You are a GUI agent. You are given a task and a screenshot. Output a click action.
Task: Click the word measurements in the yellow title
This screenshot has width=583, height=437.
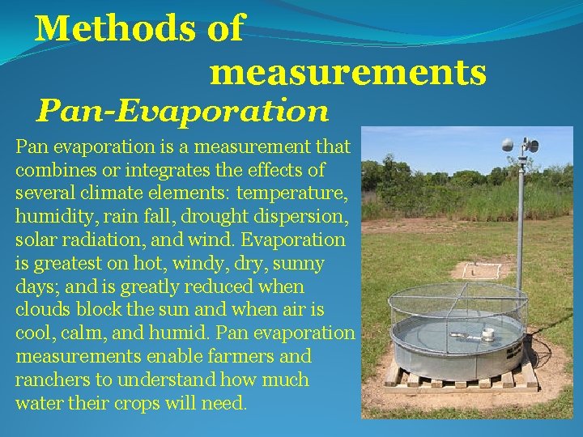pos(348,73)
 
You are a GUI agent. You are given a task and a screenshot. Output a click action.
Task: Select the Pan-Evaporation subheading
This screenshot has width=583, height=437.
pos(183,110)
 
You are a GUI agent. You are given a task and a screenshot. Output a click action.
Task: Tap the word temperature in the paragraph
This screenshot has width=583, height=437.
pos(296,193)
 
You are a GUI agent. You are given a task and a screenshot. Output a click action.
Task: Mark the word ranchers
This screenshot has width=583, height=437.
pos(49,380)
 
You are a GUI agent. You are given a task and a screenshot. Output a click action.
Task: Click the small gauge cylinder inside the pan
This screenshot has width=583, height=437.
pos(487,333)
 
